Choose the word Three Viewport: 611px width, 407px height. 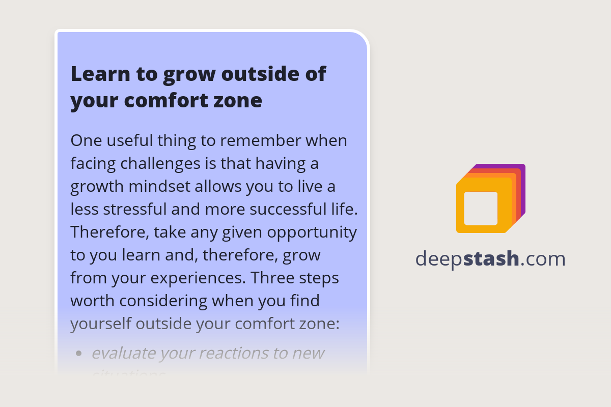click(275, 278)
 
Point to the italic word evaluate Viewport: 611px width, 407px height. click(124, 353)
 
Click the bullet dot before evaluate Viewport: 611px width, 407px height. click(78, 353)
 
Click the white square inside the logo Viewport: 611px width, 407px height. click(481, 208)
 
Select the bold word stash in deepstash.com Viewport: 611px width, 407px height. click(491, 259)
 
